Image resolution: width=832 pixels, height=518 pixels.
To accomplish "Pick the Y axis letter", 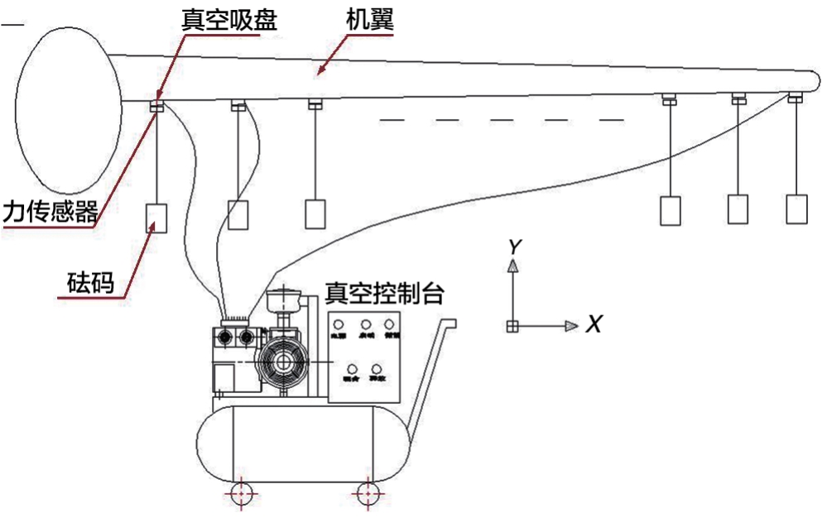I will tap(514, 246).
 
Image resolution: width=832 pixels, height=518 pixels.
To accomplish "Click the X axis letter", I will tap(593, 325).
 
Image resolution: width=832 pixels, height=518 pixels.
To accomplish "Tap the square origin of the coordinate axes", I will tap(512, 326).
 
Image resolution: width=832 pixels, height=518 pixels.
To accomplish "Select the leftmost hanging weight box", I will tap(156, 217).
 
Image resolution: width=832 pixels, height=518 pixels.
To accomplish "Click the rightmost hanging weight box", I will tap(796, 209).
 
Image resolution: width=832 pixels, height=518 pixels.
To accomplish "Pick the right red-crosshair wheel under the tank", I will tap(365, 494).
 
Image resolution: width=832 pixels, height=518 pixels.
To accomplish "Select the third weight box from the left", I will tap(315, 213).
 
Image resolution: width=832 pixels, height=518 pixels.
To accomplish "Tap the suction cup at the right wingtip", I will tap(795, 98).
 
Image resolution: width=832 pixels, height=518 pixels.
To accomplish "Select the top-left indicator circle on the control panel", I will tap(339, 324).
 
